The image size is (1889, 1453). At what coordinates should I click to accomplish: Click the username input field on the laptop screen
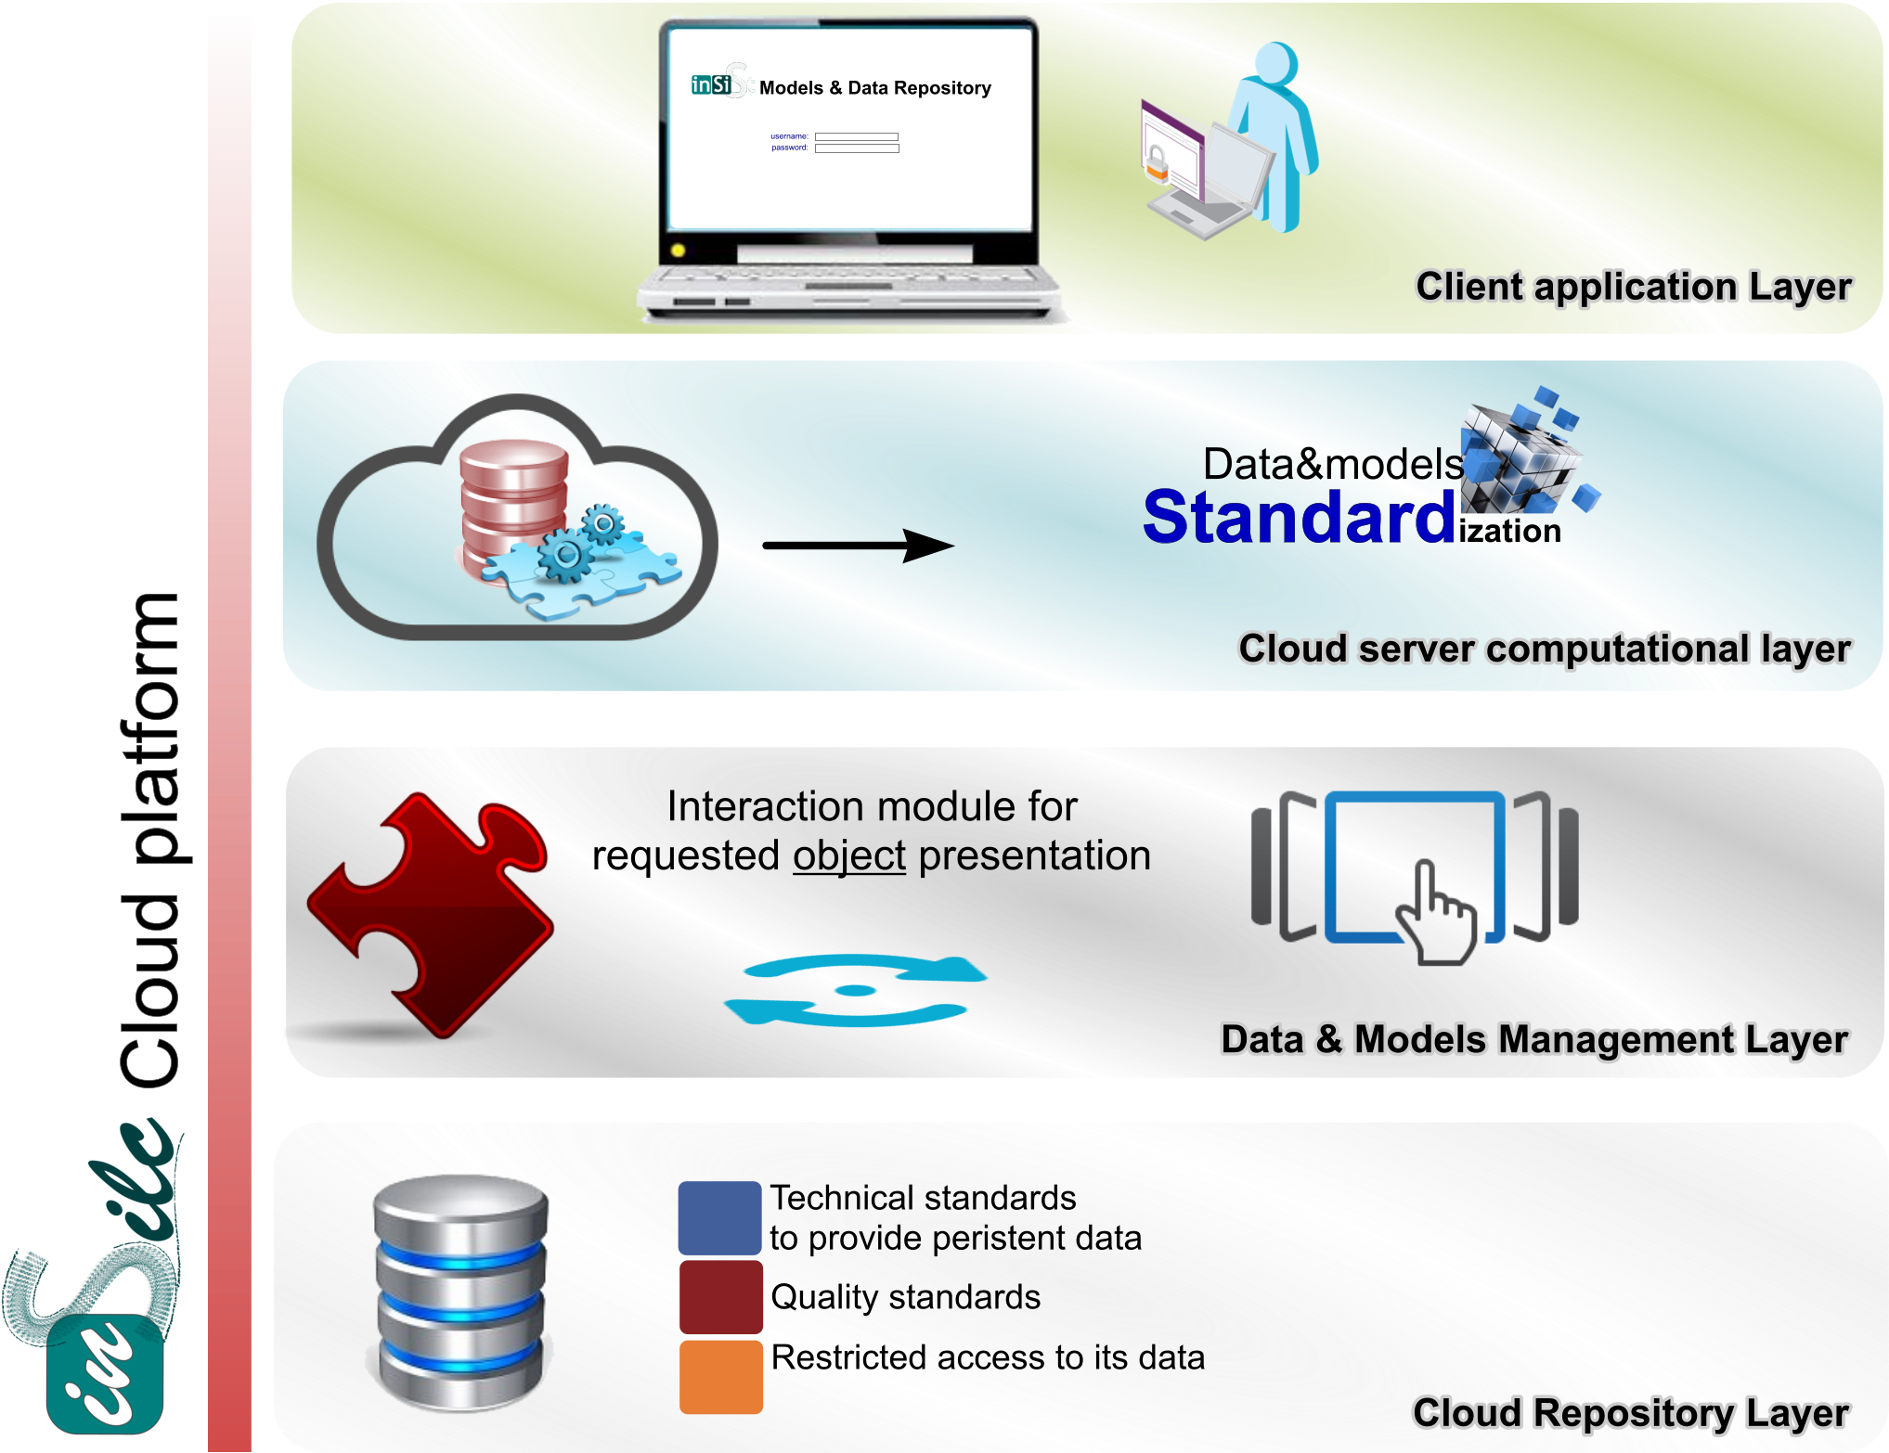tap(856, 136)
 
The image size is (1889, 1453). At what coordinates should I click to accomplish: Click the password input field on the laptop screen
tap(856, 148)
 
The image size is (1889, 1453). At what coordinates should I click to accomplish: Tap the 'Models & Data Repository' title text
tap(874, 88)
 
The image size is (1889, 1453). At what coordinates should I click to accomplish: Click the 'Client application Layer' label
tap(1633, 287)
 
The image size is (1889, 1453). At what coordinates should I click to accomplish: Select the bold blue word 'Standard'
tap(1299, 518)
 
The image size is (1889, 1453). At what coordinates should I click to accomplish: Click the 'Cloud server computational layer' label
tap(1544, 649)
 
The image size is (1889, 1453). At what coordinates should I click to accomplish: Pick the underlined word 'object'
tap(848, 855)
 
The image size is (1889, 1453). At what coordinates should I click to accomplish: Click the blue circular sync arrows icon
tap(855, 990)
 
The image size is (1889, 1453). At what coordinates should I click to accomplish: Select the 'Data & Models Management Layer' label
tap(1533, 1039)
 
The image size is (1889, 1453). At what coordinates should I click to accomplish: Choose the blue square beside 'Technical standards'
tap(719, 1217)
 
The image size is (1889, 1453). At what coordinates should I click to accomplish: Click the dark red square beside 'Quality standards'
tap(720, 1295)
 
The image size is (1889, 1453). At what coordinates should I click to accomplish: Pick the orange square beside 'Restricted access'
tap(720, 1376)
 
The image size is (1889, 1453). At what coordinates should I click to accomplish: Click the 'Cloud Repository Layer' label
tap(1630, 1413)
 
